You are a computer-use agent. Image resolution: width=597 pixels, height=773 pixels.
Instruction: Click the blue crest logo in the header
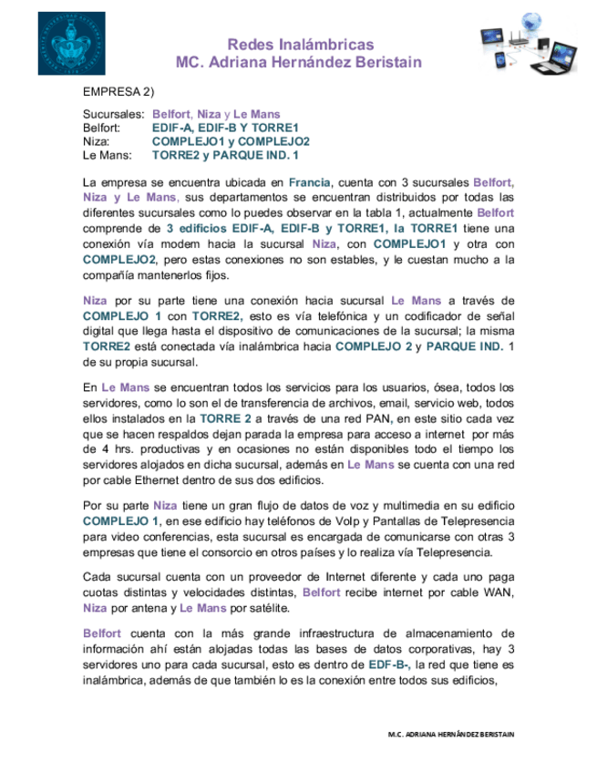tap(71, 44)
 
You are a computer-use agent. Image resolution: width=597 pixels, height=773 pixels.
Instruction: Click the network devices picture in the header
tap(528, 43)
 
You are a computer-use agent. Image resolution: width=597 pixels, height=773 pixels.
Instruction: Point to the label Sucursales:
tap(114, 115)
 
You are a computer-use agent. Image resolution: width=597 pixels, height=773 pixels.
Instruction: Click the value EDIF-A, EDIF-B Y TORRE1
tap(225, 129)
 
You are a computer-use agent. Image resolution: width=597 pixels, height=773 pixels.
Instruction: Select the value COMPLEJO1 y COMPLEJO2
tap(231, 142)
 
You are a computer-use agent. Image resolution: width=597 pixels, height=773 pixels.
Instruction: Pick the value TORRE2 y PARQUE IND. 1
tap(225, 156)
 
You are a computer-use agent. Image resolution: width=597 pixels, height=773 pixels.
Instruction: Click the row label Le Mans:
tap(106, 156)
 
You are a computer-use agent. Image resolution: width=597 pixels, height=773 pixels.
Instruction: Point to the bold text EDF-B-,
tap(390, 665)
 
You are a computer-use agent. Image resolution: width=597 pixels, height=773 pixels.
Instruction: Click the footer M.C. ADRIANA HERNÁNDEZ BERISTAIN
tap(450, 734)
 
